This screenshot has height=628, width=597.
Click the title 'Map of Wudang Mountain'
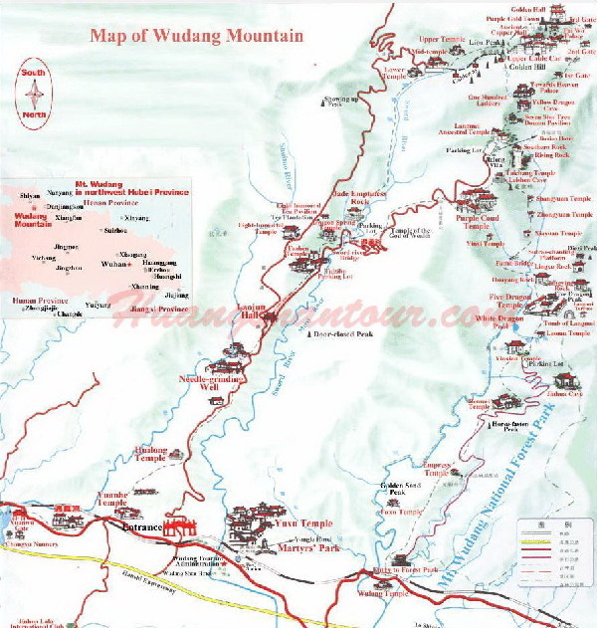[x=196, y=36]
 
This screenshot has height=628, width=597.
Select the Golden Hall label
[x=529, y=8]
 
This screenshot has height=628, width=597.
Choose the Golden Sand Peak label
[x=395, y=489]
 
